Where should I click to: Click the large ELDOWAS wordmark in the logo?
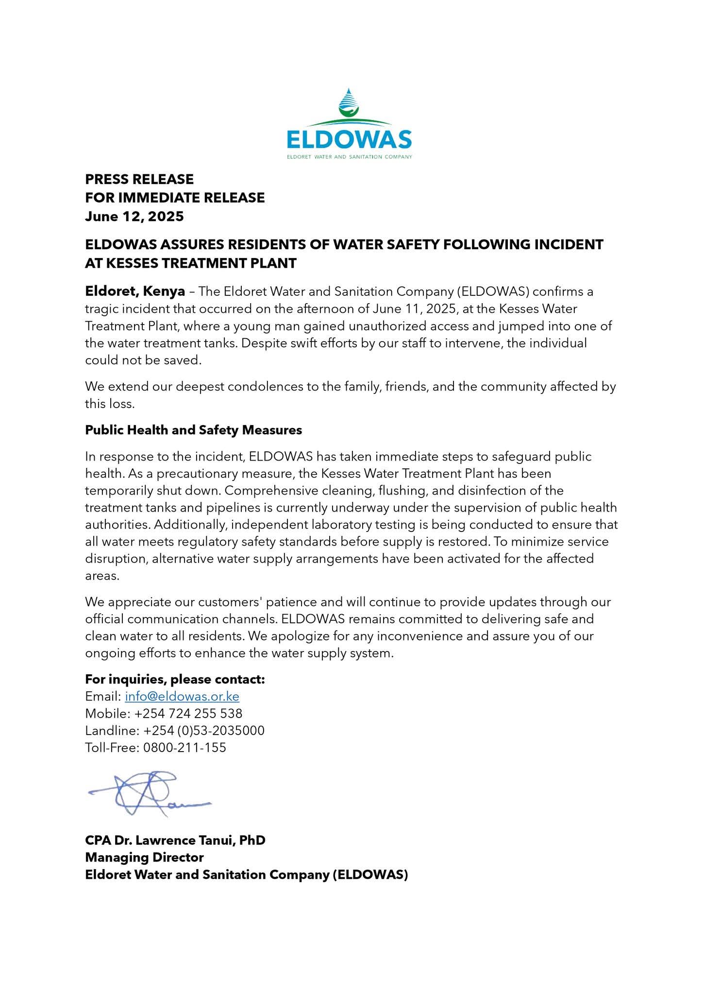pos(349,140)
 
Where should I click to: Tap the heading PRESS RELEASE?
pos(139,179)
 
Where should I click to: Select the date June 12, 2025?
pos(134,216)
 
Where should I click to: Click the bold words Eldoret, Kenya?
pos(135,292)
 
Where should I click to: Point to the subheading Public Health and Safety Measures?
pos(193,430)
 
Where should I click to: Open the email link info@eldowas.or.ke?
pos(182,696)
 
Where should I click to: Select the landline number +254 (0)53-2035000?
pos(204,730)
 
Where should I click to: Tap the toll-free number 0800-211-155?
pos(184,747)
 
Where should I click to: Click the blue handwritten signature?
pos(148,792)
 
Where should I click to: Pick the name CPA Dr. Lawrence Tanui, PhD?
pos(175,840)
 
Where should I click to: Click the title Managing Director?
pos(144,857)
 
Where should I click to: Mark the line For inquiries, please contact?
pos(175,679)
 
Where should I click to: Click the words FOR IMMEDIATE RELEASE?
pos(175,198)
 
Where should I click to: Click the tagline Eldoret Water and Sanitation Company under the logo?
pos(349,157)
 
